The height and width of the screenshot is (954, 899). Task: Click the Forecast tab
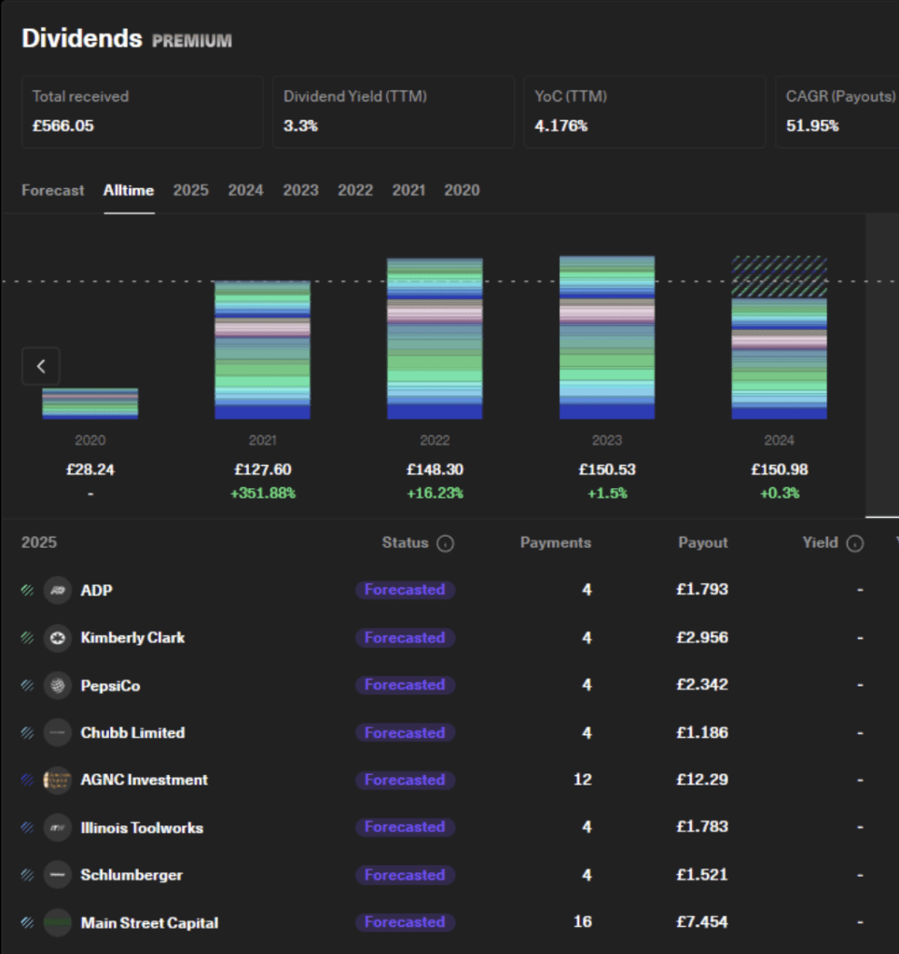pos(53,190)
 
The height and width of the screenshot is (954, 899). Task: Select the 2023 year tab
pos(301,190)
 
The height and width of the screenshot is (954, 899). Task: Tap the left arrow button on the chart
pos(41,366)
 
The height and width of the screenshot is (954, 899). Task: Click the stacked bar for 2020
pos(90,403)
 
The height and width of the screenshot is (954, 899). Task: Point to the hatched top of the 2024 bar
pos(779,277)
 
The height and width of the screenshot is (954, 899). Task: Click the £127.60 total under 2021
pos(262,470)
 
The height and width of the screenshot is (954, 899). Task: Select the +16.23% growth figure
pos(435,493)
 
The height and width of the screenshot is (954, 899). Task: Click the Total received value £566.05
pos(63,126)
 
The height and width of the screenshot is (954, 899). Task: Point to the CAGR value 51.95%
pos(812,126)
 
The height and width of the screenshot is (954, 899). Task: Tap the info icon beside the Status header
pos(445,543)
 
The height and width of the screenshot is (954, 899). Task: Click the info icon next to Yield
pos(855,543)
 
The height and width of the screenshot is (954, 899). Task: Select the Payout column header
pos(703,543)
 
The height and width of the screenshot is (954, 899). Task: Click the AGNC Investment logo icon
pos(58,780)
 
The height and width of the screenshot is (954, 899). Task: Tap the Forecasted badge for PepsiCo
pos(405,685)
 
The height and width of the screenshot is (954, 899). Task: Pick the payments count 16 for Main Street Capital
pos(582,921)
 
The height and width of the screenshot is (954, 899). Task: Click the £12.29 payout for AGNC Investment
pos(702,780)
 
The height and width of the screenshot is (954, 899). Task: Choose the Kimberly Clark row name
pos(132,637)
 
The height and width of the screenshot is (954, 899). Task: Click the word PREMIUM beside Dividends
pos(192,41)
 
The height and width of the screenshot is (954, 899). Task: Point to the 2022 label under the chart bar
pos(435,440)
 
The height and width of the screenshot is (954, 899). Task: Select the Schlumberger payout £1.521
pos(702,874)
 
